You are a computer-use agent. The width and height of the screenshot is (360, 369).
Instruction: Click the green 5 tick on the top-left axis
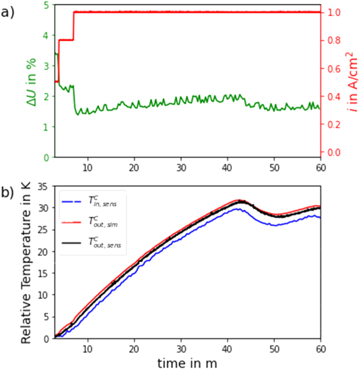point(48,5)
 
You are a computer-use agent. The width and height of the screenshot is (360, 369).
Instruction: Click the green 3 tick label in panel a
point(48,66)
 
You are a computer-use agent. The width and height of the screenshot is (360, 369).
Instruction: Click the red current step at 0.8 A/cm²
point(66,40)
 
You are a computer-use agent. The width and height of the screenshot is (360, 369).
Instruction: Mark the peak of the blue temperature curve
point(237,209)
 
